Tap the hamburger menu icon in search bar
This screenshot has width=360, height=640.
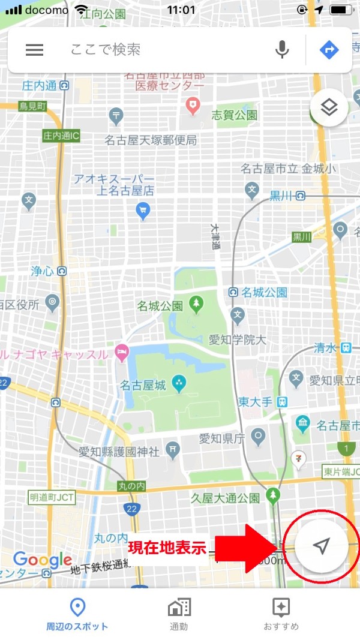tap(35, 50)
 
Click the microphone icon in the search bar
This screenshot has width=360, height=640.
tap(282, 50)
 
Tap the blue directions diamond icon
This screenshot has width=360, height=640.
tap(329, 50)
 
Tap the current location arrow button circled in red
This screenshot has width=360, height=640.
tap(322, 546)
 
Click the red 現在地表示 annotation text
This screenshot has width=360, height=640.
tap(167, 547)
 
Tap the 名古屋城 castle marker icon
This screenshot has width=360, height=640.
tap(178, 381)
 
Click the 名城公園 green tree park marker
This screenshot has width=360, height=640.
tap(196, 305)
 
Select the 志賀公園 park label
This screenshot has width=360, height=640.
tap(234, 115)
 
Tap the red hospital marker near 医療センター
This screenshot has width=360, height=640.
tap(193, 107)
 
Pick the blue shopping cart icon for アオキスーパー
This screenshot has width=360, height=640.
tap(143, 210)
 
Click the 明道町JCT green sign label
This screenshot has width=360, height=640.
tap(52, 497)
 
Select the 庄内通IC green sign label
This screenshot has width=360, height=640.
tap(61, 136)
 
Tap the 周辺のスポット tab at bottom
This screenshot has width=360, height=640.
tap(77, 614)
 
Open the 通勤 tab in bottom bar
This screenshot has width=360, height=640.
tap(179, 614)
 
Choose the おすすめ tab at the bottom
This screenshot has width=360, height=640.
tap(281, 614)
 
